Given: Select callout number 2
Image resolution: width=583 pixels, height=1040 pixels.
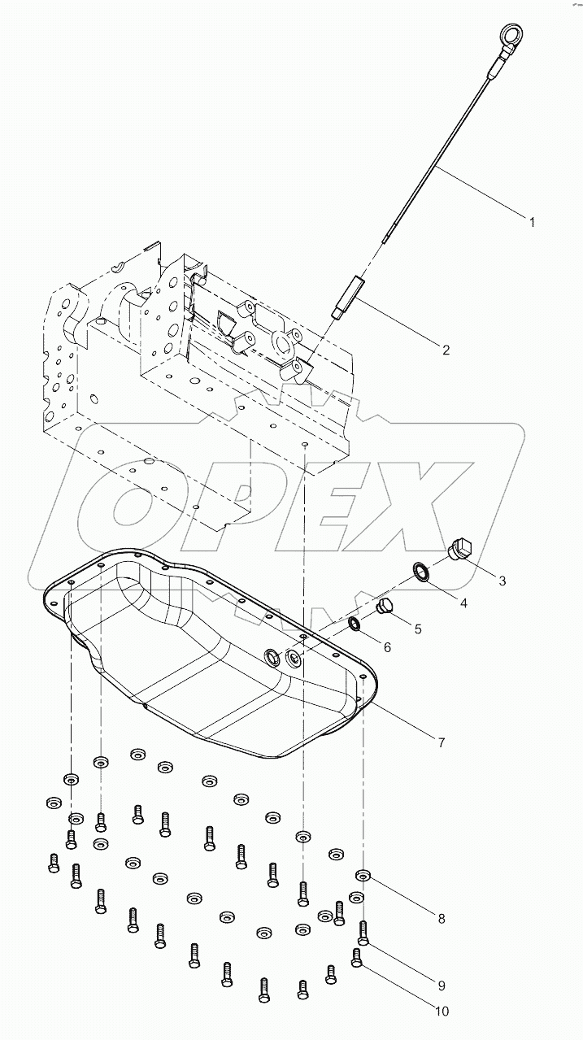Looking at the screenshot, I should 446,350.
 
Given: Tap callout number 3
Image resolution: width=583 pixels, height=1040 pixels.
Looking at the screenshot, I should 503,581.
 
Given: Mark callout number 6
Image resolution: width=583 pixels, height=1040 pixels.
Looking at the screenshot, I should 387,647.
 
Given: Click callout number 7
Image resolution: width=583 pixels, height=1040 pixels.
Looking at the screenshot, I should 441,742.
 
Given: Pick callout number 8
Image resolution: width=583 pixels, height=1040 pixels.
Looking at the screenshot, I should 442,920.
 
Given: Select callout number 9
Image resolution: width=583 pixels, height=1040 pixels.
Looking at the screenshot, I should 442,986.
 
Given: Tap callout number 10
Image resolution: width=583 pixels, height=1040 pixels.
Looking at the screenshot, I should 442,1012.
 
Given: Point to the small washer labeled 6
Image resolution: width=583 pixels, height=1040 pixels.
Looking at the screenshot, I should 355,624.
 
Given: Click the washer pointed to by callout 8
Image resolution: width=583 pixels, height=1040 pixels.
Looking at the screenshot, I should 363,876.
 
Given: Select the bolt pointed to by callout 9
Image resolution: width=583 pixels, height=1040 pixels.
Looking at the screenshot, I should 363,932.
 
